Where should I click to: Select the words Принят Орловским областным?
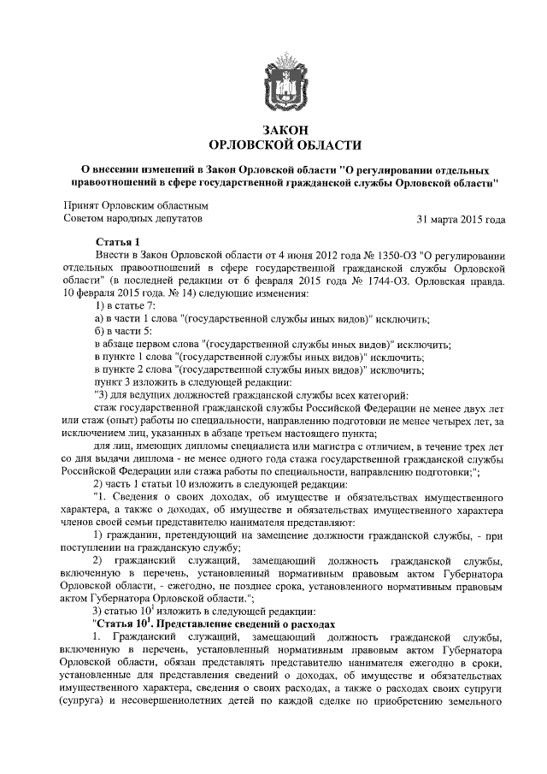point(137,206)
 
